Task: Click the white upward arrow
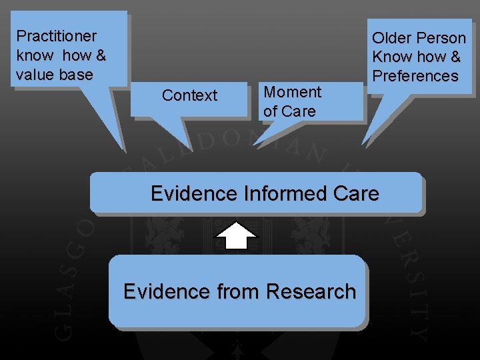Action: tap(236, 235)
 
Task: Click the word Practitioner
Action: tap(57, 36)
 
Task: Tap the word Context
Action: tap(190, 95)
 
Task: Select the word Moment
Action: tap(293, 92)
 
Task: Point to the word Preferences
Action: tap(415, 76)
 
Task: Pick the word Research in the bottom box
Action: tap(311, 291)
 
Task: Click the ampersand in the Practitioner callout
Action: tap(101, 55)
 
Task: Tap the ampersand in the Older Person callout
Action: tap(455, 57)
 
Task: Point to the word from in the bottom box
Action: tap(238, 291)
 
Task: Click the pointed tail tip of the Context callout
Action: tap(193, 151)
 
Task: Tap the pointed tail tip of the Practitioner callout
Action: tap(125, 152)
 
